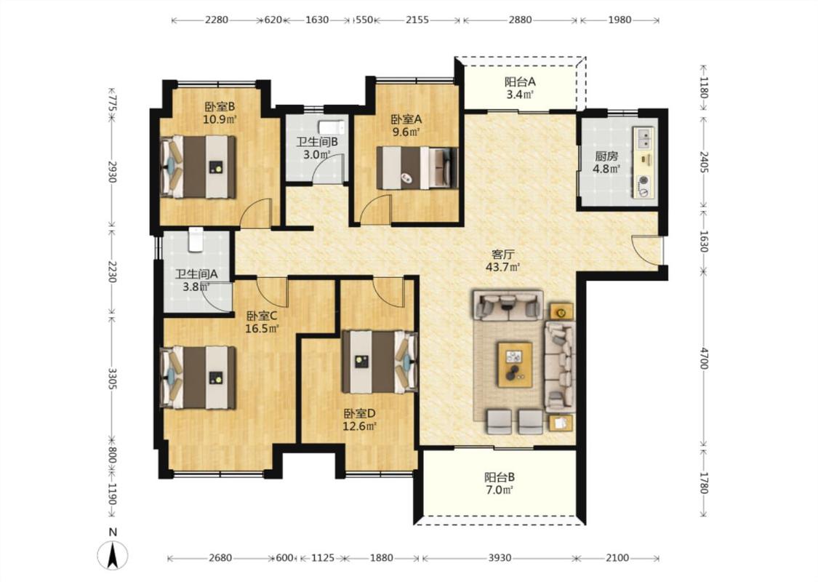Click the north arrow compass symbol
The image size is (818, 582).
[x=112, y=555]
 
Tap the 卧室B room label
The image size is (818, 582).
[x=220, y=107]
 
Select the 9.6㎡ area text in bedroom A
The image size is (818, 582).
[x=406, y=132]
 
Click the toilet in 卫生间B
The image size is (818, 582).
[x=332, y=127]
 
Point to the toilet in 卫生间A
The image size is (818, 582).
[x=196, y=239]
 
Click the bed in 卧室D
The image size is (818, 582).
[x=380, y=362]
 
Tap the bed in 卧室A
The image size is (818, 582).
[x=417, y=168]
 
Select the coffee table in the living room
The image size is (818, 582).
[x=515, y=364]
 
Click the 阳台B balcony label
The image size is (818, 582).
[x=500, y=477]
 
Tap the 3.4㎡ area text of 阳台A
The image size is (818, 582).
[x=520, y=95]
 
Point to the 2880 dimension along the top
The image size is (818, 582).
[x=520, y=20]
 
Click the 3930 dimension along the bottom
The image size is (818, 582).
[x=500, y=558]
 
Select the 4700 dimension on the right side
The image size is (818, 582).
[x=704, y=358]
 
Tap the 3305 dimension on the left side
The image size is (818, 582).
[x=112, y=378]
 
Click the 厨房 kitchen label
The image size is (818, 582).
[x=606, y=156]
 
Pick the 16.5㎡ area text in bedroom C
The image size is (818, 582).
[x=262, y=329]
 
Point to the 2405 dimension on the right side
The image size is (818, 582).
[x=704, y=162]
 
